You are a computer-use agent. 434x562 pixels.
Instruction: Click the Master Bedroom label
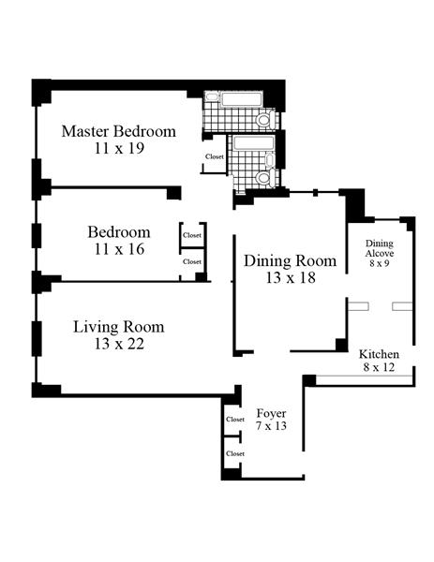[119, 131]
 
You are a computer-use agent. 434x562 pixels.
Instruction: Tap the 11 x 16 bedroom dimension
[119, 249]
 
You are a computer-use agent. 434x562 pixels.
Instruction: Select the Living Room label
[119, 327]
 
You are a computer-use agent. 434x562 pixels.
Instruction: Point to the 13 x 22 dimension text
[119, 344]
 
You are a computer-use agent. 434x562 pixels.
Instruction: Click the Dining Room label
[291, 260]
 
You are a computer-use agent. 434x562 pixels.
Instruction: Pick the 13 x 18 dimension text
[291, 277]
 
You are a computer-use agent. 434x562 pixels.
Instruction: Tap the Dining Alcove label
[380, 248]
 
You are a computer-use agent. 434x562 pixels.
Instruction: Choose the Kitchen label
[379, 354]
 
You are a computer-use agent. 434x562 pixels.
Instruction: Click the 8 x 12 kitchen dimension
[379, 367]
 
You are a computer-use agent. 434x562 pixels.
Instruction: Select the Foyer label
[271, 413]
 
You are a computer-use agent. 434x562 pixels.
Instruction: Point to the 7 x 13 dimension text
[271, 426]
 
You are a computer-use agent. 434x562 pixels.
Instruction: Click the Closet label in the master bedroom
[215, 156]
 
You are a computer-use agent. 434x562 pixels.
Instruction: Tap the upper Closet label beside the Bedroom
[192, 235]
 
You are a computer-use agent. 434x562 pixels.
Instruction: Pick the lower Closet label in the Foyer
[235, 453]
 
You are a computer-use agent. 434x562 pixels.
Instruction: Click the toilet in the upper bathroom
[266, 119]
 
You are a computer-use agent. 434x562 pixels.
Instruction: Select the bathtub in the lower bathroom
[254, 142]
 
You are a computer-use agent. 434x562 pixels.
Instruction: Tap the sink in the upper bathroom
[213, 96]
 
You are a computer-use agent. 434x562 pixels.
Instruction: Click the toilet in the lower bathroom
[266, 178]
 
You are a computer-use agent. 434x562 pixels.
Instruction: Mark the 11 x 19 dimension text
[119, 148]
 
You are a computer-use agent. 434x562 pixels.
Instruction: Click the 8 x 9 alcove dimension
[380, 263]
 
